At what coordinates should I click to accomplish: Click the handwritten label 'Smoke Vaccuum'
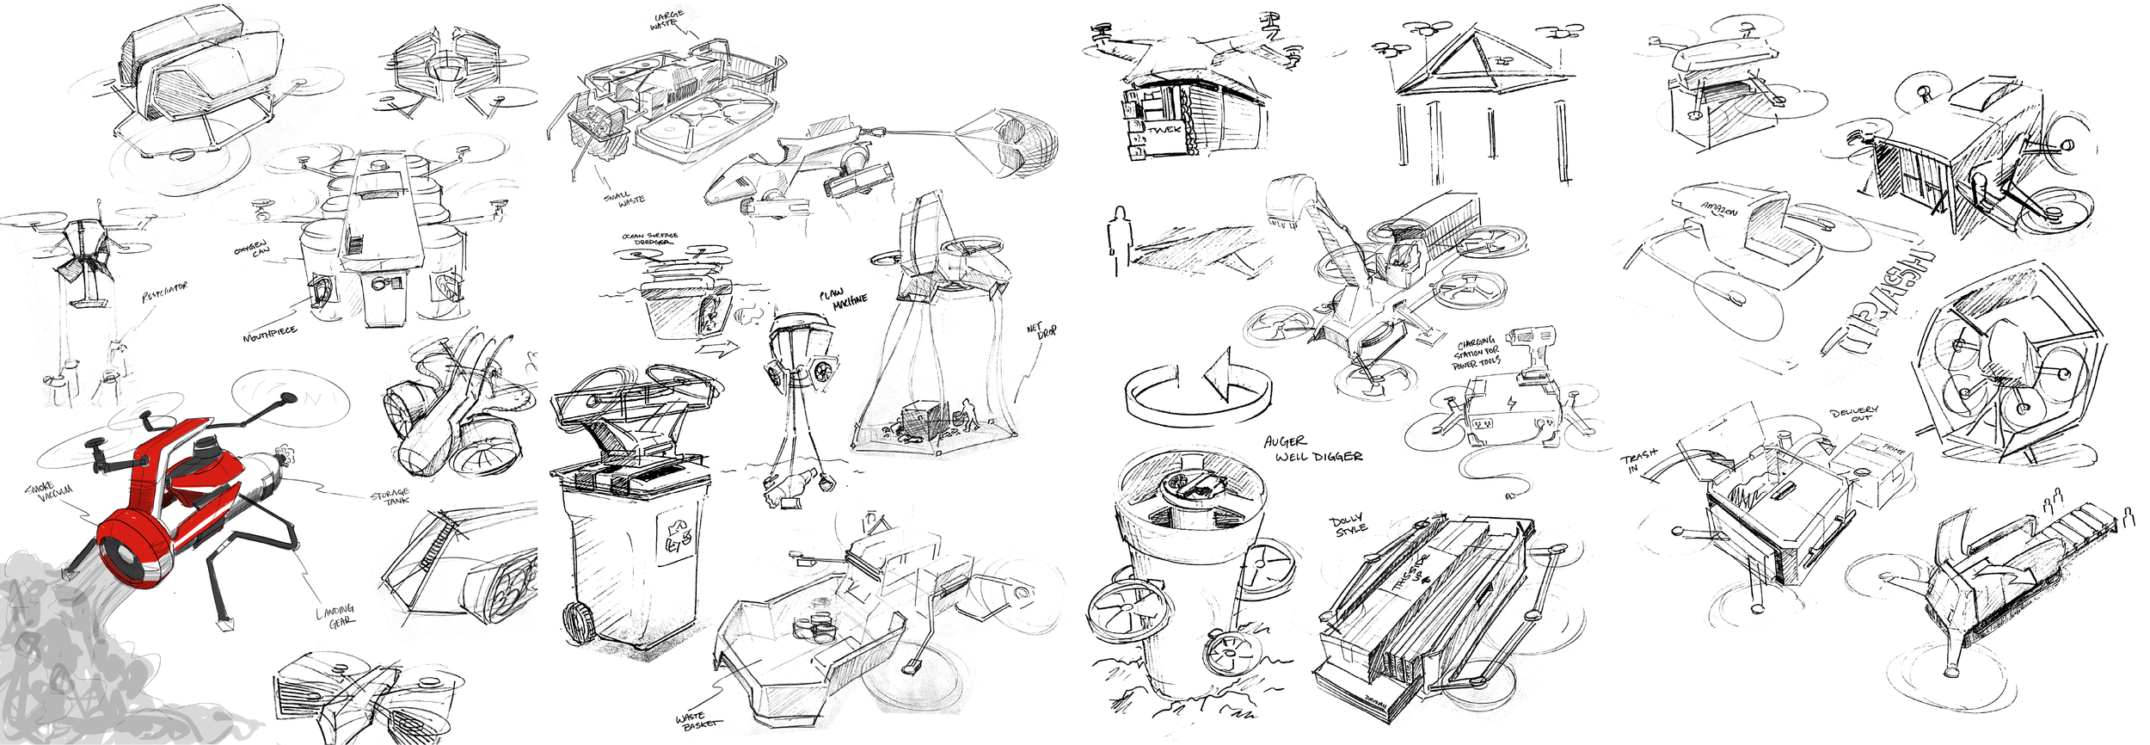tap(49, 491)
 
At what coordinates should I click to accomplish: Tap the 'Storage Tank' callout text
tap(390, 497)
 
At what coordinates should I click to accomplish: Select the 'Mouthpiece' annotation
tap(269, 334)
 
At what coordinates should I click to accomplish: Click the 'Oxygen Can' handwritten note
tap(252, 248)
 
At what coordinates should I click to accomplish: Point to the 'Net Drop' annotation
tap(1041, 330)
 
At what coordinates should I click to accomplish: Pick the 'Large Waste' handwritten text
tap(667, 20)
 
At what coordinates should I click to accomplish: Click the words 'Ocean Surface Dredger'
tap(650, 238)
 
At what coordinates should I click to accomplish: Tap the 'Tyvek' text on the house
tap(1164, 130)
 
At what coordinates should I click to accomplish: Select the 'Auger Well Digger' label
tap(1311, 449)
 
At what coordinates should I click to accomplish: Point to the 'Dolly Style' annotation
tap(1349, 525)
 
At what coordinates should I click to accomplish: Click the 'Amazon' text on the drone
tap(1718, 209)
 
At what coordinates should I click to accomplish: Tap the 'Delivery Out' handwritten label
tap(1853, 414)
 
